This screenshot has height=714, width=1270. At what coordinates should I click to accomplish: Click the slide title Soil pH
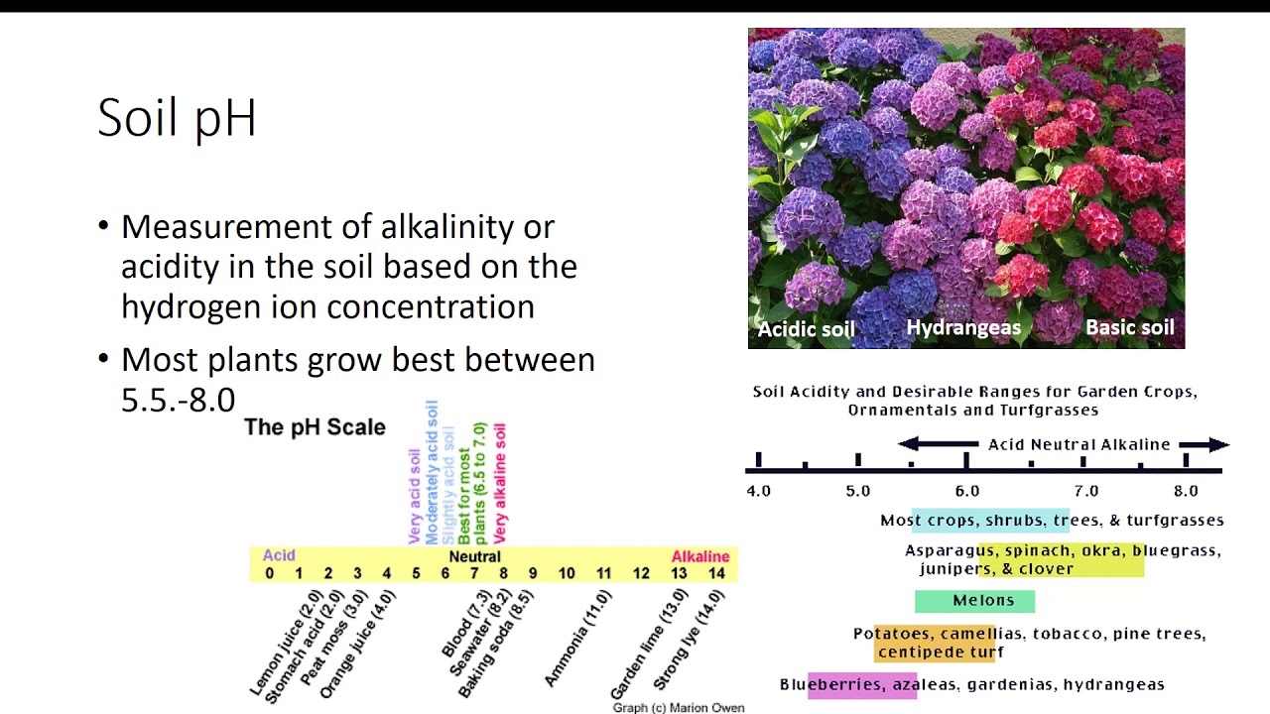(x=177, y=118)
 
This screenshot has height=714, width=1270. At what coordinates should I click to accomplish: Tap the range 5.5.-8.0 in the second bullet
(x=178, y=400)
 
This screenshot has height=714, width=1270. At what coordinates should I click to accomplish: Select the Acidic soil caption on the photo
(x=806, y=329)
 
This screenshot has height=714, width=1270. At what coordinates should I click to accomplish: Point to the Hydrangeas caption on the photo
(x=963, y=328)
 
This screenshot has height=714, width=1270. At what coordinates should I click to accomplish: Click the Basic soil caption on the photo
(x=1129, y=328)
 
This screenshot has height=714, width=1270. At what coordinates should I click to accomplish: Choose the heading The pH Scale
(x=315, y=427)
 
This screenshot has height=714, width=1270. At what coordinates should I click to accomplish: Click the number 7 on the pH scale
(x=474, y=573)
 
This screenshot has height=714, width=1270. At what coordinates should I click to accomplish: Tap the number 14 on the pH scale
(x=716, y=573)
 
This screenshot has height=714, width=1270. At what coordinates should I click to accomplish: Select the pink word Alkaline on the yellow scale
(x=699, y=556)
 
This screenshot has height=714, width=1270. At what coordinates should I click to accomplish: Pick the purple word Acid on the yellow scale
(x=279, y=555)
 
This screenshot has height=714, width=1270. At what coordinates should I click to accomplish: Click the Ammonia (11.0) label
(x=578, y=638)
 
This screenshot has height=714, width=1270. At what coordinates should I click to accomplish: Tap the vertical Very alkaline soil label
(x=500, y=482)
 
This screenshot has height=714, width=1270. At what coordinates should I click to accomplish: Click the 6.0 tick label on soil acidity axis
(x=966, y=491)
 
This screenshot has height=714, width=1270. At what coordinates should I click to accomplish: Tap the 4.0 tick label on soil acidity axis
(x=758, y=491)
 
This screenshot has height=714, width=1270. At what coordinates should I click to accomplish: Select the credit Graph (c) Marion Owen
(x=678, y=708)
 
